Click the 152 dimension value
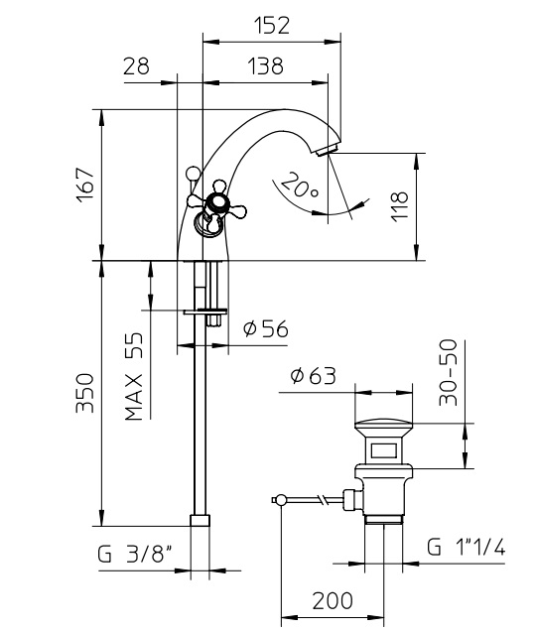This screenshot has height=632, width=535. pos(272,26)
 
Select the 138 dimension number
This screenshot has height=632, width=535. pos(265,65)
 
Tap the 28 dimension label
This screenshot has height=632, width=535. pos(136,65)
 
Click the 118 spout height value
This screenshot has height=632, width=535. pos(400,206)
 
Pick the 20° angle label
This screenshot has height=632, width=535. pos(299,185)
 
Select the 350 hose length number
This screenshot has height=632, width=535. pos(84,393)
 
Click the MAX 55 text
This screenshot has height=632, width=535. pos(134,376)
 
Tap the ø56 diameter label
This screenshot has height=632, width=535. pos(266,329)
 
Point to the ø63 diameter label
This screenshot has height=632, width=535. pos(313,376)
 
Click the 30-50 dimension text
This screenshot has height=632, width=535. pos(449,373)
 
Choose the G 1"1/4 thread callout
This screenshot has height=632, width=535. pos(466,547)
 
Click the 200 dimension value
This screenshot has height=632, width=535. pos(333,601)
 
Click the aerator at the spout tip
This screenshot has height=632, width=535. pos(328,151)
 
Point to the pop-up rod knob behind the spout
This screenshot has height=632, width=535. pos(194,174)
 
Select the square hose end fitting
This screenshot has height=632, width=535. pos(200,520)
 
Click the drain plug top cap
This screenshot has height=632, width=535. pos(384,424)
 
